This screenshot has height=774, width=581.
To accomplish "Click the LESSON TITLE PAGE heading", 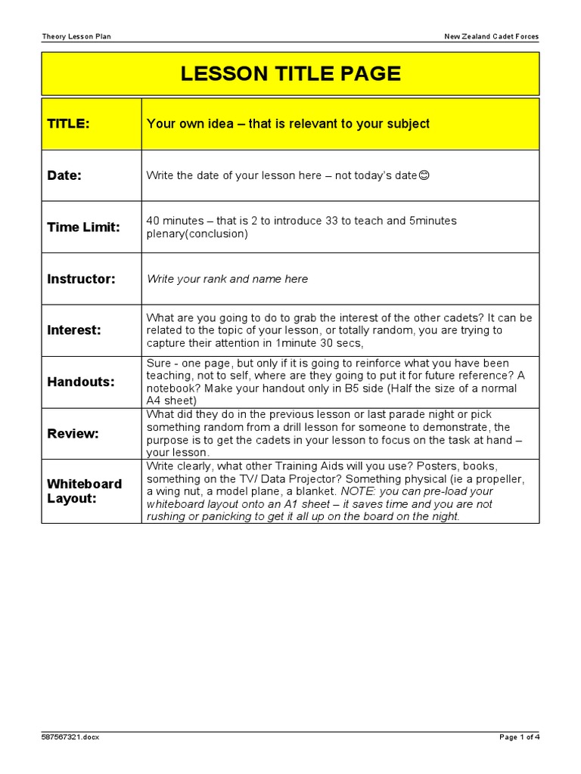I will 290,73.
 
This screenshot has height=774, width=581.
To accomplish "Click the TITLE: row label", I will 69,123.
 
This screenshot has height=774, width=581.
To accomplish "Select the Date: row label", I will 64,175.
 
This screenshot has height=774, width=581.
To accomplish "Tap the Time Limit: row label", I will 83,227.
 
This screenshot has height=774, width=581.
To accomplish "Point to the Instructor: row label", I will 81,279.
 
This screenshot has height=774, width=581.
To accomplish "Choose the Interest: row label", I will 73,330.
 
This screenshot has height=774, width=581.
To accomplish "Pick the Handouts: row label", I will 81,382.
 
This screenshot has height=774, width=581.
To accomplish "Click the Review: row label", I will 73,433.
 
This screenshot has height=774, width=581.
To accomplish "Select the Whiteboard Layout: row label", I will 84,491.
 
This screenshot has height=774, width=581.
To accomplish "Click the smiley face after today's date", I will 424,175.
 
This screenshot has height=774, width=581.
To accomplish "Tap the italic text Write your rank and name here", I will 227,279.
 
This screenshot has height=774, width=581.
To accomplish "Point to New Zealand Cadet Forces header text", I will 492,36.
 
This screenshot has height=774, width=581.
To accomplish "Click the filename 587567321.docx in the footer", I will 70,737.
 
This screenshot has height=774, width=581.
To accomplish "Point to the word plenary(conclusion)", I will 197,234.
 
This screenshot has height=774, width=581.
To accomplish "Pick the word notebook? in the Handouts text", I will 173,388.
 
